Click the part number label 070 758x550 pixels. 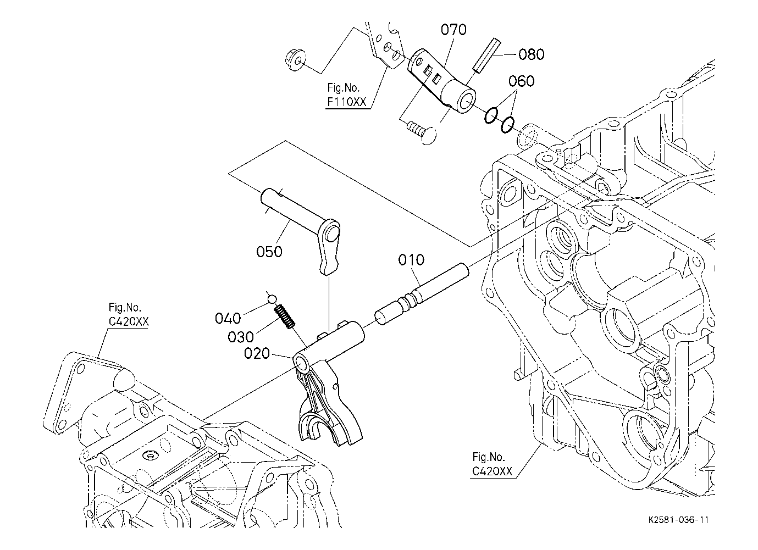tap(453, 30)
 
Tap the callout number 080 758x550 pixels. tap(532, 54)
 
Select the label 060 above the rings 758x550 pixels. tap(522, 81)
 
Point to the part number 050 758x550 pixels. tap(269, 252)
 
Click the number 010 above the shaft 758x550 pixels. tap(411, 260)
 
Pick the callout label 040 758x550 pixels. tap(228, 318)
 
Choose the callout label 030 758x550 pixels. tap(241, 337)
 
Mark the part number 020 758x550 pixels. tap(257, 353)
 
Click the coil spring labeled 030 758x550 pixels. tap(284, 316)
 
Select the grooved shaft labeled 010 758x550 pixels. tap(422, 295)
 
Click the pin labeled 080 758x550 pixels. tap(487, 55)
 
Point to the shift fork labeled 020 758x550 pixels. tap(328, 382)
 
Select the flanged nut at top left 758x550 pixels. tap(295, 60)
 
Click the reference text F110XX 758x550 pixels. tap(346, 102)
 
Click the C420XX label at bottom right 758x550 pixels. tap(492, 471)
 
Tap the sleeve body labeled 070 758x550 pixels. tap(442, 81)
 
